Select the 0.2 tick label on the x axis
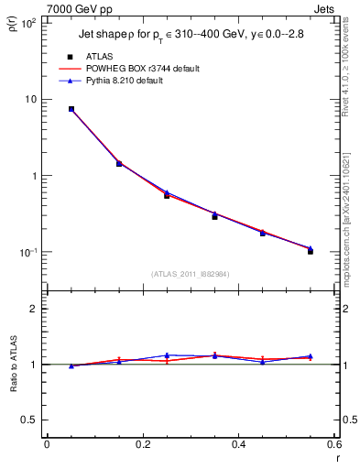tap(142, 444)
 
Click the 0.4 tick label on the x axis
tap(238, 444)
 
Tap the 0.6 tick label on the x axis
tap(333, 444)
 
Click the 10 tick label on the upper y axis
tap(30, 99)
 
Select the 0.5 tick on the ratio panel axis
tap(28, 420)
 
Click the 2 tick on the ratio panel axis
tap(34, 309)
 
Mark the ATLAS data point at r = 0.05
tap(71, 109)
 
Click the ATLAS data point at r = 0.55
tap(311, 250)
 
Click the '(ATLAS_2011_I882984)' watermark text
tap(190, 275)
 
